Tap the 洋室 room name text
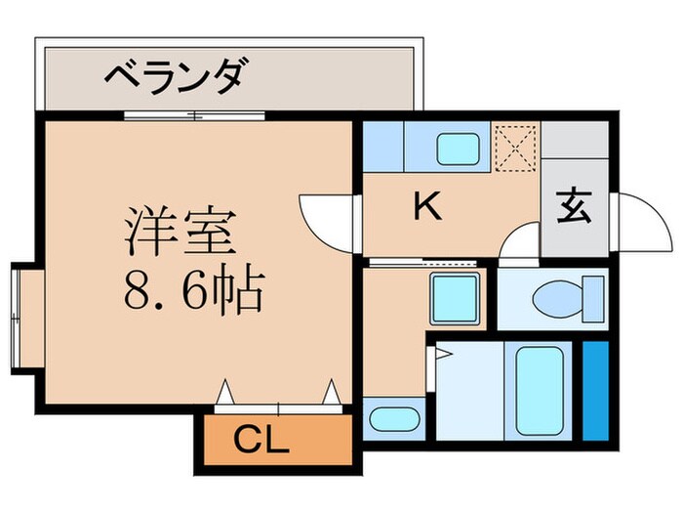point(178,233)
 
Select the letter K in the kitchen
point(425,205)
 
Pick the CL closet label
point(261,443)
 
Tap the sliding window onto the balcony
point(194,115)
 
